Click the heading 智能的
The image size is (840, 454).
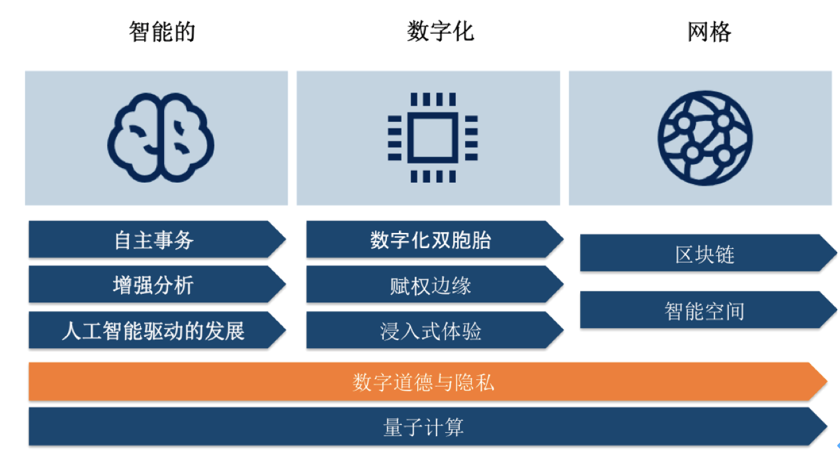click(x=162, y=32)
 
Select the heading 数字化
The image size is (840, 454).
click(x=441, y=31)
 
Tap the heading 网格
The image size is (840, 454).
click(x=709, y=32)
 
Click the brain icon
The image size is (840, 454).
click(x=161, y=138)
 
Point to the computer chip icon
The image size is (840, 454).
click(x=433, y=138)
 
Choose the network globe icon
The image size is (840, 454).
click(x=705, y=138)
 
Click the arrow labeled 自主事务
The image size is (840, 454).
click(x=157, y=240)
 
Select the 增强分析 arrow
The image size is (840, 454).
click(x=157, y=285)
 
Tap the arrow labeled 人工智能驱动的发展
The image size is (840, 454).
click(x=157, y=330)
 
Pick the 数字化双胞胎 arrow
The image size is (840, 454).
click(x=435, y=240)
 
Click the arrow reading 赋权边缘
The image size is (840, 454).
click(x=435, y=285)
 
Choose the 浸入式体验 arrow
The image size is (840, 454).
click(x=435, y=330)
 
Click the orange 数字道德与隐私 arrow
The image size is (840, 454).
click(x=428, y=382)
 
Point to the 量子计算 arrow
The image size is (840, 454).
click(x=428, y=427)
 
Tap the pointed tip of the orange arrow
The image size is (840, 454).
click(x=827, y=382)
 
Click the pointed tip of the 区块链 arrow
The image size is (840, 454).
click(x=837, y=253)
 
